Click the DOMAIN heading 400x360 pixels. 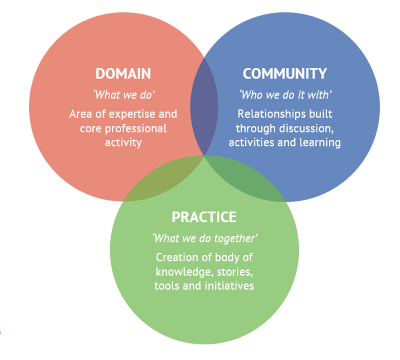pos(123,73)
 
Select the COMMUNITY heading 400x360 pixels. pos(284,73)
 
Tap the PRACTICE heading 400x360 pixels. pos(204,217)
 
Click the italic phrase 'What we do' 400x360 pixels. pos(123,94)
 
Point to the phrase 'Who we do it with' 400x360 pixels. pos(284,94)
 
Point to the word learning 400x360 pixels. pos(320,142)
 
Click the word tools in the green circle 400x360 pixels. pos(167,286)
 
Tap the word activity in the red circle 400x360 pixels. pos(123,142)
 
